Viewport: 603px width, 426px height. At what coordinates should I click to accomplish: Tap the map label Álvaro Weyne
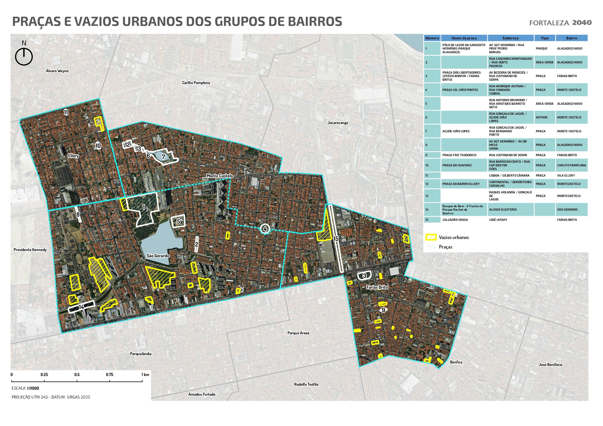tap(57, 71)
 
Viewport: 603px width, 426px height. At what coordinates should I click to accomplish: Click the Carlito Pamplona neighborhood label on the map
tap(196, 83)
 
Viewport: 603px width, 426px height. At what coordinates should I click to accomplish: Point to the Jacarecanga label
tap(338, 123)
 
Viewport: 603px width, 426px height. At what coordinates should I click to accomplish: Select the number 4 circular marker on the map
tap(265, 229)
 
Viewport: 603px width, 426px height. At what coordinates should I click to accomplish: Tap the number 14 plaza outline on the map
tap(82, 307)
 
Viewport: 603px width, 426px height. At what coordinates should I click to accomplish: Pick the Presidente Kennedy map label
tap(30, 250)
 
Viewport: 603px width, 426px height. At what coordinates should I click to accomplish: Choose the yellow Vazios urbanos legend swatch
tap(431, 237)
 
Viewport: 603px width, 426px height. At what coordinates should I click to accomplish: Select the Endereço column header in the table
tap(511, 38)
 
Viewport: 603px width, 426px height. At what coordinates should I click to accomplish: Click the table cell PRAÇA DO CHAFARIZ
tap(457, 165)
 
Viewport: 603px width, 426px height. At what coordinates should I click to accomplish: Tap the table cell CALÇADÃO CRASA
tap(455, 220)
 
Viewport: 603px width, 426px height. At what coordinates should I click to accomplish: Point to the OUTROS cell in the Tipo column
tap(541, 117)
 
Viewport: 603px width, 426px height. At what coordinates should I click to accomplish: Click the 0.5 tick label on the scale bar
tap(77, 375)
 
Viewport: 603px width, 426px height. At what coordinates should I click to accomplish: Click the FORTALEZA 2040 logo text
tap(560, 23)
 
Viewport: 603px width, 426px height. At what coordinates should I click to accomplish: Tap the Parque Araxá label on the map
tap(298, 333)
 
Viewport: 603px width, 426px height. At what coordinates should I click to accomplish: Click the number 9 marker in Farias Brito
tap(383, 310)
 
